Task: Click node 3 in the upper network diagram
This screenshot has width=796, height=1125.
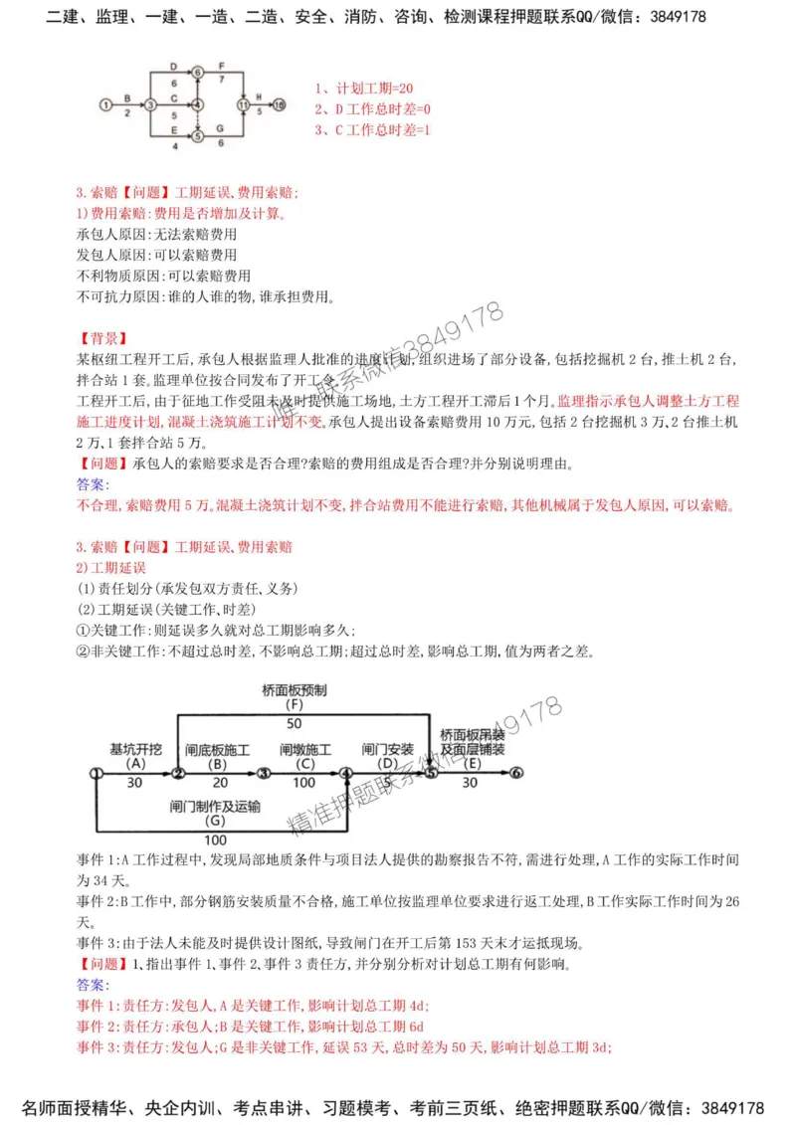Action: [149, 103]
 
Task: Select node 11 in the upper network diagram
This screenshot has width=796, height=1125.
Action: [242, 103]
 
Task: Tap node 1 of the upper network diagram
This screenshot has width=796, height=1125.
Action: [105, 103]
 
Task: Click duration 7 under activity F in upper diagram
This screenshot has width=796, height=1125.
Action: [222, 77]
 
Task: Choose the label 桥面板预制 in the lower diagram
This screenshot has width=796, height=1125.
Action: [295, 689]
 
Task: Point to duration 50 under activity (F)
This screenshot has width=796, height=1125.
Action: [295, 723]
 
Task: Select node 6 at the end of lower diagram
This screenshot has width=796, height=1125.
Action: [516, 773]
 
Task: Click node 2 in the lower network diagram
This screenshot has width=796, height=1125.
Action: [177, 773]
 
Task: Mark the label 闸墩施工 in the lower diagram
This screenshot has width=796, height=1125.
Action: [305, 749]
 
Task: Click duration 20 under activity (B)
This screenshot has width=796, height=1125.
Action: [218, 782]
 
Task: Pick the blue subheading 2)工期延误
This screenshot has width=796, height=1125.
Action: [111, 568]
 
